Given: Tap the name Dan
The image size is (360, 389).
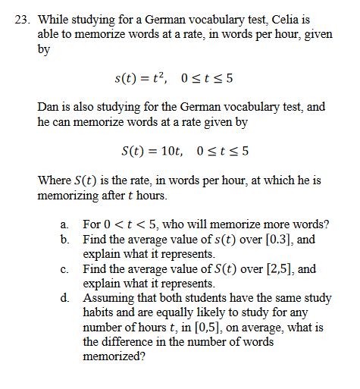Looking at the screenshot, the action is tap(49, 107).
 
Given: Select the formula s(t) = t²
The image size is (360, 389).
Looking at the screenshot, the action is tap(141, 78).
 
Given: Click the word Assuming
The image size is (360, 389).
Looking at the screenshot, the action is tap(108, 297).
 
